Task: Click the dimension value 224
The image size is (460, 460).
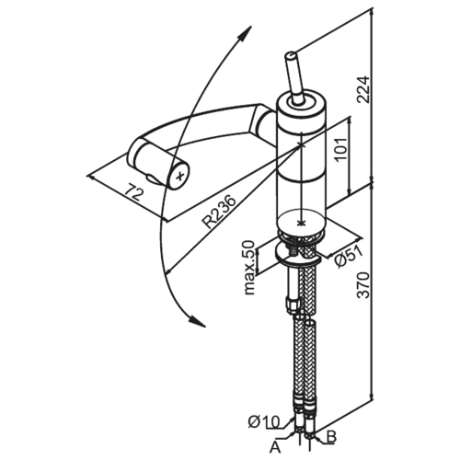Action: [363, 89]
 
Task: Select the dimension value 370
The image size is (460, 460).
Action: [363, 284]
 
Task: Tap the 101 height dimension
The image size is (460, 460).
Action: [340, 149]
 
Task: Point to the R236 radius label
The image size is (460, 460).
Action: [220, 212]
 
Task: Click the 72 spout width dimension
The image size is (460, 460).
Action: [135, 192]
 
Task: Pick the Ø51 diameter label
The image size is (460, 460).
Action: [349, 256]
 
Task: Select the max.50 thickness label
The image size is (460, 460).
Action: [250, 268]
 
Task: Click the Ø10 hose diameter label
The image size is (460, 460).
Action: [264, 421]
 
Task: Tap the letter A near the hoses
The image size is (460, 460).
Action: [275, 447]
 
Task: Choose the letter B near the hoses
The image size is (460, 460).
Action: [331, 436]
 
